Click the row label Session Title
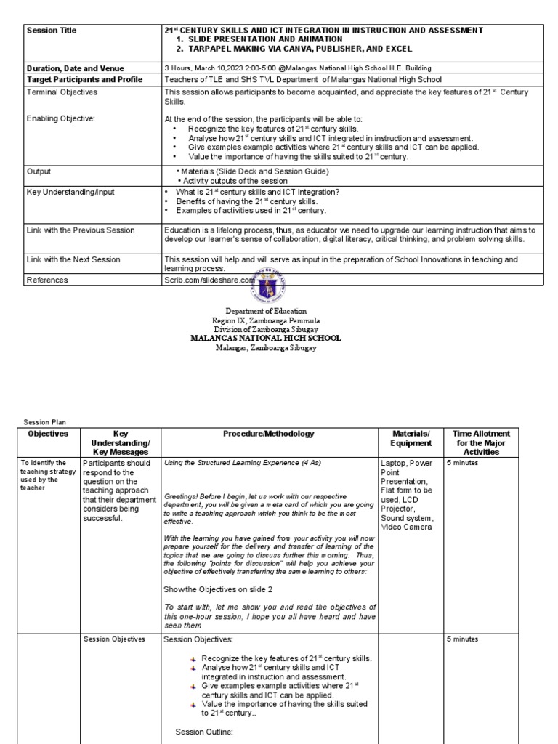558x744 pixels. [51, 31]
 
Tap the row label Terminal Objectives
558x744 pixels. [62, 92]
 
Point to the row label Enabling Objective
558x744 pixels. [61, 117]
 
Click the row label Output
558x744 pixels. [39, 171]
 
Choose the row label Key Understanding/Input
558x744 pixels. [70, 192]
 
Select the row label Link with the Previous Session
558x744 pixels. [80, 230]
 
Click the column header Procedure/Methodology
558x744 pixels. [268, 434]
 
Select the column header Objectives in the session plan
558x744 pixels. [48, 434]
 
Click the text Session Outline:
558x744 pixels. [203, 732]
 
